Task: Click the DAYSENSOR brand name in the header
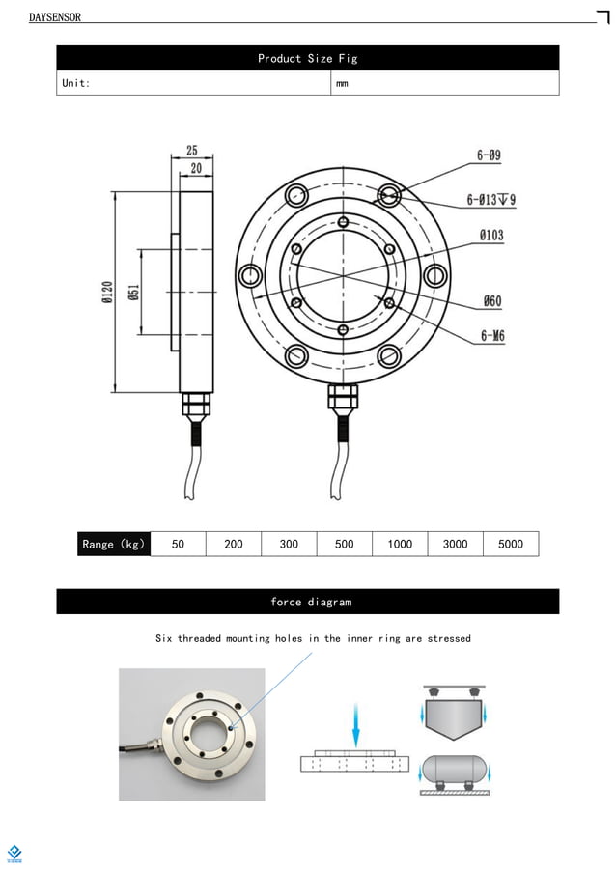click(55, 17)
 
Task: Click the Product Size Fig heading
click(307, 59)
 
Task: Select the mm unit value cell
click(342, 83)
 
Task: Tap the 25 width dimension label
click(192, 151)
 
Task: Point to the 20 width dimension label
click(196, 168)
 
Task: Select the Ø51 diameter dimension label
click(134, 292)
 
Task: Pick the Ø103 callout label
click(490, 235)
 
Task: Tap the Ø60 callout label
click(491, 301)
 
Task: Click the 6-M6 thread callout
click(491, 336)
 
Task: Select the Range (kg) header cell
click(114, 544)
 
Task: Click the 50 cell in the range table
click(178, 544)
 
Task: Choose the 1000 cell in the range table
click(400, 544)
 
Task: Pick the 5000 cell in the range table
click(511, 544)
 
